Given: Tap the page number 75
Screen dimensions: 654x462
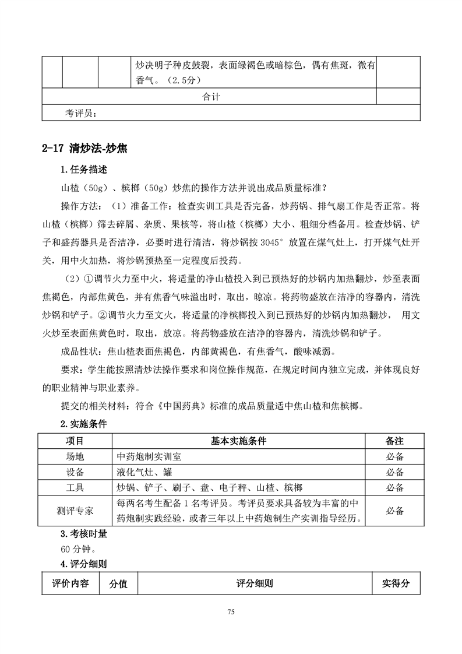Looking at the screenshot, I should [x=231, y=611].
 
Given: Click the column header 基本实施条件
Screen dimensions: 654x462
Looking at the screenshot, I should [x=238, y=441].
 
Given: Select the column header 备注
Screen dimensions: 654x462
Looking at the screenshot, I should [x=394, y=441].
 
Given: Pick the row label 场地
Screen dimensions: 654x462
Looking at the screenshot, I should [x=75, y=456].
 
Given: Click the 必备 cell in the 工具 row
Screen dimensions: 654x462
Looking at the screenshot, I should [x=394, y=487].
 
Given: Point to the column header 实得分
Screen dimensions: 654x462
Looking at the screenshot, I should [x=396, y=583].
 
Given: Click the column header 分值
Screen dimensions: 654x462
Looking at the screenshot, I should [x=118, y=583].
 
